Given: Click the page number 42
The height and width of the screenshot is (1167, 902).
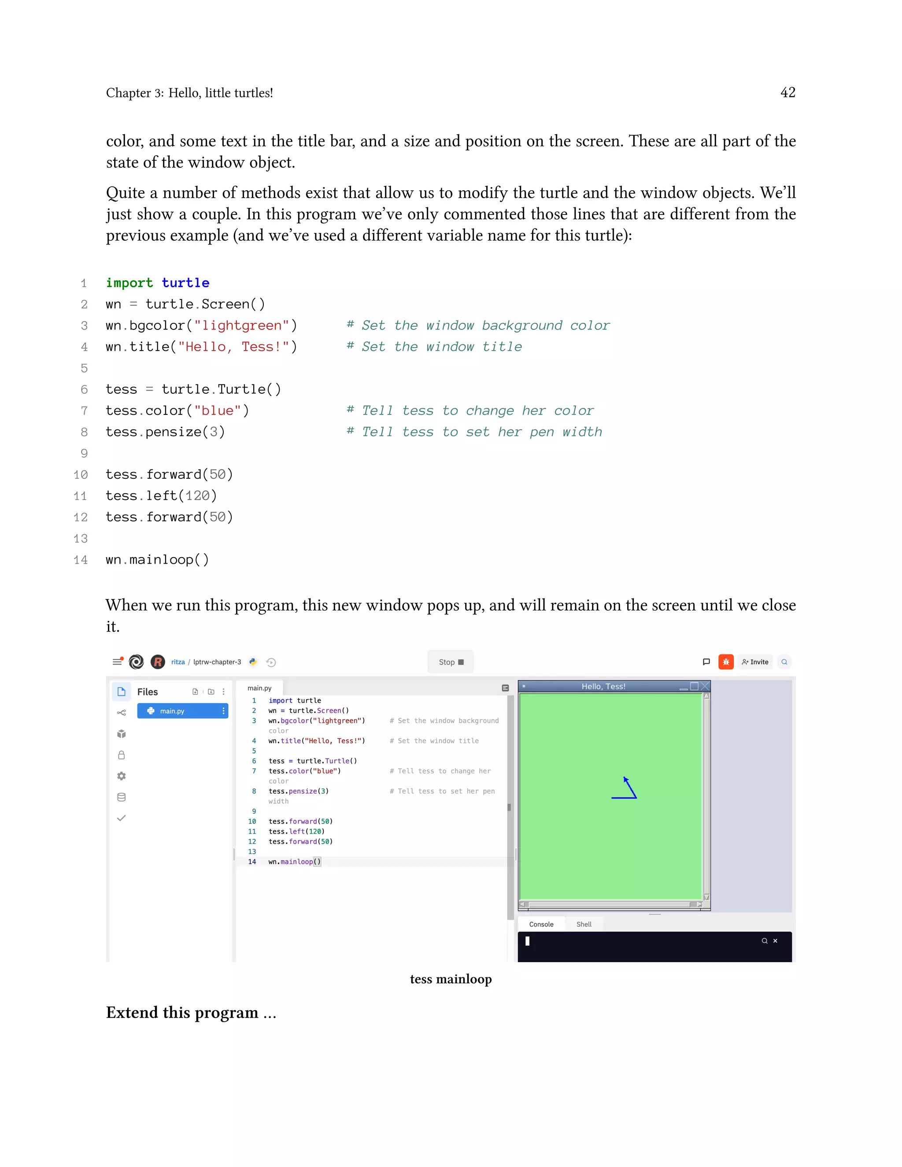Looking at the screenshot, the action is (787, 92).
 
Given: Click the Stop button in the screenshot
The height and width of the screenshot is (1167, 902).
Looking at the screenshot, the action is (451, 662).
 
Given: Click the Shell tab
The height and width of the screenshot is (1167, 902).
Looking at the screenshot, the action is (584, 924).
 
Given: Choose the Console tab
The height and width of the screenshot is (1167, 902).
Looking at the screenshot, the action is (541, 924).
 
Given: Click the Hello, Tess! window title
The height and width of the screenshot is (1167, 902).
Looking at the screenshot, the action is (603, 687).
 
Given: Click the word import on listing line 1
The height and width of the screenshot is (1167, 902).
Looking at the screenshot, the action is (129, 283).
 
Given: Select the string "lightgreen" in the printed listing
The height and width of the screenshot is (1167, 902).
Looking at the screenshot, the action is (241, 325).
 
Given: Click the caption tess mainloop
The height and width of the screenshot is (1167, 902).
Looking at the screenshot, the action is (451, 979).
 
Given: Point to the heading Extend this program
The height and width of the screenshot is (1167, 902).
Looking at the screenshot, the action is (191, 1012).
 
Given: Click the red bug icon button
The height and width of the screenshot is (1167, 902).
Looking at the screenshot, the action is (726, 662).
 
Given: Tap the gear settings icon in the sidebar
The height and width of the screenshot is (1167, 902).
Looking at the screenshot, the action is (121, 776).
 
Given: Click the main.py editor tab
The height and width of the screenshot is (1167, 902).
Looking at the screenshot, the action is (259, 688).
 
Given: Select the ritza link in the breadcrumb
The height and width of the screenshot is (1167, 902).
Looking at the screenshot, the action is (178, 662).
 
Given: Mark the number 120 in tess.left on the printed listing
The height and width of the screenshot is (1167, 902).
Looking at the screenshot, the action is (197, 496).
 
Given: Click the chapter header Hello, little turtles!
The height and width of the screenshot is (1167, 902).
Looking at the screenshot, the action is (220, 93).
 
